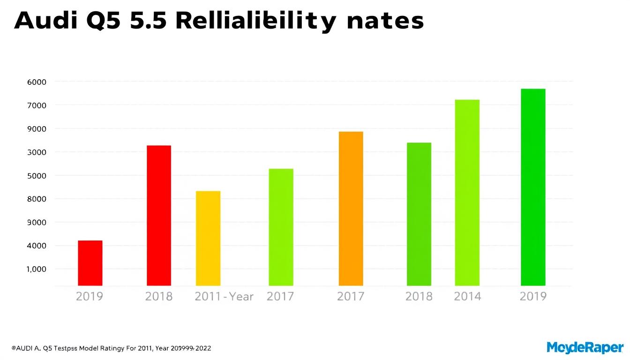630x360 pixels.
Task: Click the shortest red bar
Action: tap(90, 263)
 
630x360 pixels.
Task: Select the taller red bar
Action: tap(159, 216)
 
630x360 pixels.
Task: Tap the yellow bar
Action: tap(208, 238)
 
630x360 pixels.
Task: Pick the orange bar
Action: tap(351, 209)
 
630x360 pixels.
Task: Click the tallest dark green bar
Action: tap(533, 187)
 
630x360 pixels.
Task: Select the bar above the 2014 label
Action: tap(467, 193)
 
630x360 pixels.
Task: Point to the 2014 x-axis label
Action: tap(467, 296)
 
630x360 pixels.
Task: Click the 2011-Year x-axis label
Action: tap(224, 296)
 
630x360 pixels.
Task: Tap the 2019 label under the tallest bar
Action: tap(533, 296)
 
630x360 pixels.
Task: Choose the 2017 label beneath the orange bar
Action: tap(351, 296)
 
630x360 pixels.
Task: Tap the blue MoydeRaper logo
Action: tap(585, 347)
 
